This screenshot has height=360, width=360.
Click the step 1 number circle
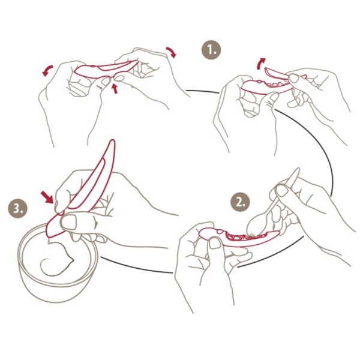211,50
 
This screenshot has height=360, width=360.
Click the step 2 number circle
240,202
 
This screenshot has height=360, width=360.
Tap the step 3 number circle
17,208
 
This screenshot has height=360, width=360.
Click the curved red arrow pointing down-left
47,70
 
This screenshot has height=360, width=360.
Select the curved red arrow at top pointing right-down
172,52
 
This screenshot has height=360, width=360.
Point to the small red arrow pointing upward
115,89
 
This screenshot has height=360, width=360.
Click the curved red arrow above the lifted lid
260,63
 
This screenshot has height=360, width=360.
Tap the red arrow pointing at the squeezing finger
47,197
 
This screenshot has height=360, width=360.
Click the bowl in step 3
58,262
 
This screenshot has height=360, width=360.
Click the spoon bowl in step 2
257,224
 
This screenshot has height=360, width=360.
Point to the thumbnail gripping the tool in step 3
69,222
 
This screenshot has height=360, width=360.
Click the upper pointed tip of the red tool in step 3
112,140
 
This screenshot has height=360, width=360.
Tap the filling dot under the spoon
252,235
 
